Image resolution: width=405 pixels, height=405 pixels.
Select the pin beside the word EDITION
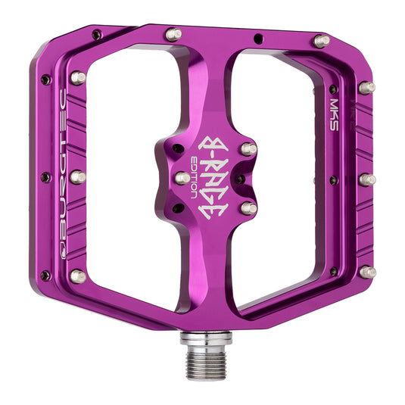pyautogui.click(x=182, y=178)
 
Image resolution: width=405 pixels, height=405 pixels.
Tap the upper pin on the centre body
pyautogui.click(x=248, y=149)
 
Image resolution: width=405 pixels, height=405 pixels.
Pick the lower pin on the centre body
pyautogui.click(x=248, y=207)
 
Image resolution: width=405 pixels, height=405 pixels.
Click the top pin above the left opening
pyautogui.click(x=173, y=34)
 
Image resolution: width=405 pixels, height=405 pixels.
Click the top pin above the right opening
pyautogui.click(x=322, y=41)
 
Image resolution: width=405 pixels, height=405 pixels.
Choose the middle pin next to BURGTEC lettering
pyautogui.click(x=77, y=177)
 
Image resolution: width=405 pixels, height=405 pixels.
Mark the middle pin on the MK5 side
pyautogui.click(x=367, y=179)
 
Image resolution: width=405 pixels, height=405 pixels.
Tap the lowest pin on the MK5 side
pyautogui.click(x=368, y=272)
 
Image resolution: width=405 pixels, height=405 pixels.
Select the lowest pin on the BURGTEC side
pyautogui.click(x=77, y=276)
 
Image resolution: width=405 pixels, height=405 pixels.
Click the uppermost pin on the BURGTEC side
pyautogui.click(x=78, y=77)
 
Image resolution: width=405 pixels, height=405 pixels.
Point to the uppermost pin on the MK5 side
pyautogui.click(x=367, y=88)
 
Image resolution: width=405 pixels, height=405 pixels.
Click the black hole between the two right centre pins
pyautogui.click(x=240, y=178)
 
